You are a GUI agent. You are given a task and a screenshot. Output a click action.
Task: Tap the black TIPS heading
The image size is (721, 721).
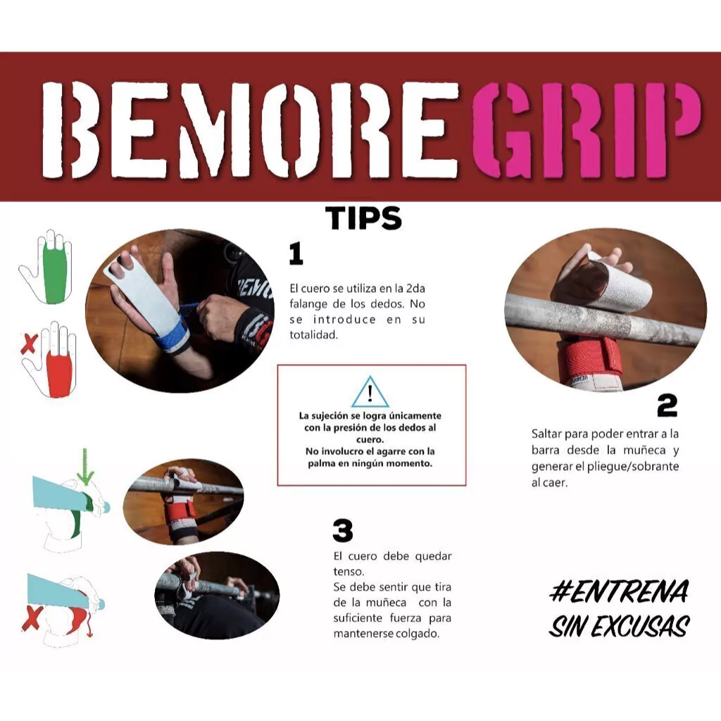363,218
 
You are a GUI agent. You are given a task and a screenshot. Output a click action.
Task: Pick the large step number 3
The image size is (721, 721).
343,530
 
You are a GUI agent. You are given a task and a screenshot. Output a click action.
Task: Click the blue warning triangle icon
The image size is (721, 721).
370,391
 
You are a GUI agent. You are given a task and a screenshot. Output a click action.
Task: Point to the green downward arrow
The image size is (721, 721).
85,467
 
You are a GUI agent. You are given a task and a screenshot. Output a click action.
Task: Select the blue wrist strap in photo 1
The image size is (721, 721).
170,336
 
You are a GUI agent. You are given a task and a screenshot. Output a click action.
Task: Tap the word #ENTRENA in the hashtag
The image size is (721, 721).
620,591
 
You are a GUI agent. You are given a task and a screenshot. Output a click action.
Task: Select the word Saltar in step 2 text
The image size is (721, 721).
546,434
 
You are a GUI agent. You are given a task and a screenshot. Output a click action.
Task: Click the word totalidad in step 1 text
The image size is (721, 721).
313,334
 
